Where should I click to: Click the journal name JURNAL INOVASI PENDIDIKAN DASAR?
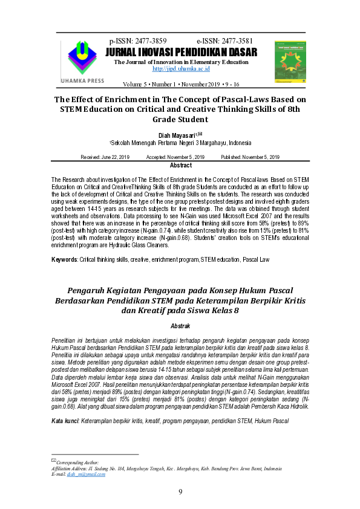click(182, 52)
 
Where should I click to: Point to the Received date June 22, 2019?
click(105, 157)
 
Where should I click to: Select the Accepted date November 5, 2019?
click(175, 157)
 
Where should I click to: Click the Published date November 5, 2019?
click(250, 157)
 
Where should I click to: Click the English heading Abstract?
click(180, 166)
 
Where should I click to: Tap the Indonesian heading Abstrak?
click(180, 325)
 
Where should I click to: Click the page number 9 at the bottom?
click(180, 491)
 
